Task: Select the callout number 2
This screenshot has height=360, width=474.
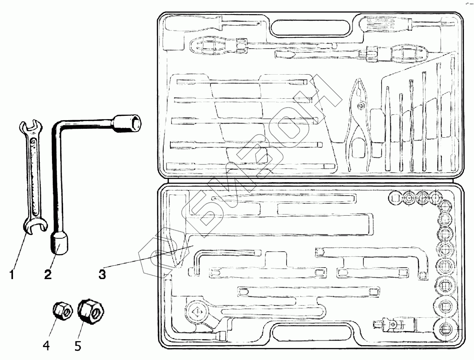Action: point(48,275)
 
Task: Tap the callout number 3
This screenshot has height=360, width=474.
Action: point(102,275)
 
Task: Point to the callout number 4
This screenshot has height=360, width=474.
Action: point(46,346)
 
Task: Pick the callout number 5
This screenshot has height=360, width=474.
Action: point(77,346)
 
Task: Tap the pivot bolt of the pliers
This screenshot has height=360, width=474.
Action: point(360,106)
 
